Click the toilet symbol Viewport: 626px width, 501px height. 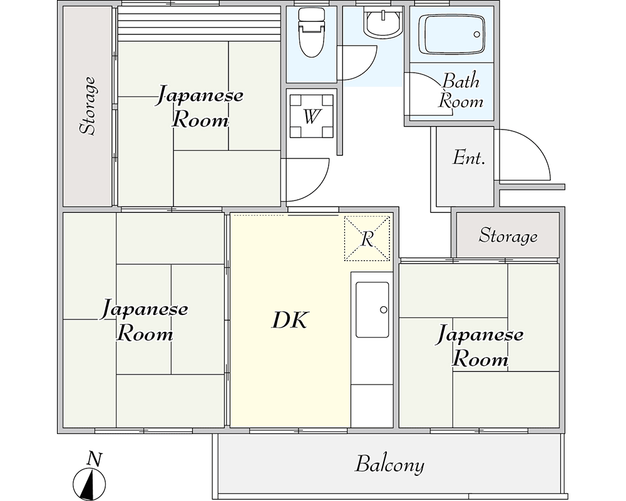tap(310, 32)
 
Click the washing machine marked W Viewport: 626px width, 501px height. tap(311, 116)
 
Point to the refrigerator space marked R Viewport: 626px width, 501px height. tap(367, 239)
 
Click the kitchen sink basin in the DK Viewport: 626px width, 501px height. tap(372, 309)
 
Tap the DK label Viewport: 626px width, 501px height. tap(290, 320)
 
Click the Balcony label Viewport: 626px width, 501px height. tap(389, 465)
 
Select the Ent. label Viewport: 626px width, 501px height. tap(469, 158)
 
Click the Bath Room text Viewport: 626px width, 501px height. tap(461, 91)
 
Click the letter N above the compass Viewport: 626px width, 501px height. tap(95, 459)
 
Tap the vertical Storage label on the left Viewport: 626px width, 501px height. tap(88, 106)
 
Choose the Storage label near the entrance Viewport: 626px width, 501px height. tap(508, 235)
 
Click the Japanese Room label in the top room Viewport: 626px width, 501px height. tap(200, 107)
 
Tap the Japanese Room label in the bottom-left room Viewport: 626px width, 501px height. tap(144, 321)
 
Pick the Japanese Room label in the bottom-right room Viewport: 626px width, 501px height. tap(480, 346)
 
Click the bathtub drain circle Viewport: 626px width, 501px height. tap(476, 34)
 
